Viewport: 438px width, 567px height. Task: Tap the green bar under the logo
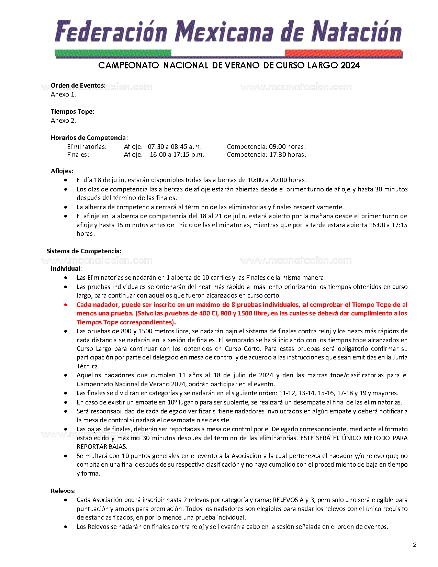tap(113, 53)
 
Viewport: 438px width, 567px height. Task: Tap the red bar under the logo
tap(343, 53)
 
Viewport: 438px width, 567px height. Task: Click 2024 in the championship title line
tap(350, 65)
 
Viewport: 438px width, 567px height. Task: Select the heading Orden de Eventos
tap(78, 86)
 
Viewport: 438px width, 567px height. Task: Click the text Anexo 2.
tap(63, 121)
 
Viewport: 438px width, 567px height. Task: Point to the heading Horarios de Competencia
tap(89, 138)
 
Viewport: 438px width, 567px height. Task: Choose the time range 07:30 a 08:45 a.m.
tap(175, 147)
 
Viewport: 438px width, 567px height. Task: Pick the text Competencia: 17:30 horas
tap(266, 155)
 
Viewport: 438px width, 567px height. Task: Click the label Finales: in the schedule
tap(78, 155)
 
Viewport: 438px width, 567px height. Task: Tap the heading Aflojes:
tap(62, 171)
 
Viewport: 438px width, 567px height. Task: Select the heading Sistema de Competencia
tap(84, 251)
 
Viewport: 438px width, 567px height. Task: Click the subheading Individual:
tap(66, 269)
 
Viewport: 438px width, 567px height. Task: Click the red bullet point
tap(66, 305)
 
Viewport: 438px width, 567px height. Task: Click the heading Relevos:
tap(63, 491)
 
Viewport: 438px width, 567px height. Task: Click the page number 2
tap(415, 545)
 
